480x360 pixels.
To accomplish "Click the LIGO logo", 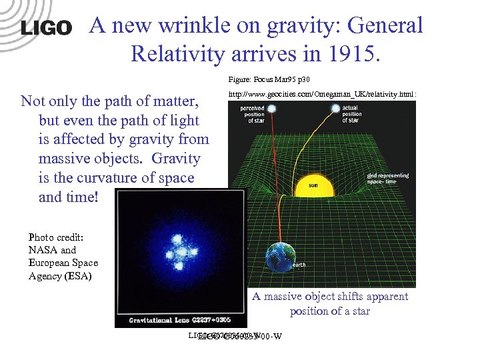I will coord(46,27).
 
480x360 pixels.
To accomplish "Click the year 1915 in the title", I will coord(348,52).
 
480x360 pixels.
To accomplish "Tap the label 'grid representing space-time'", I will coord(387,179).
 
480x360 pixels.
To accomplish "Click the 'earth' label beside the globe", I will coord(299,265).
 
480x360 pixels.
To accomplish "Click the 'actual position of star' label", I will coord(352,113).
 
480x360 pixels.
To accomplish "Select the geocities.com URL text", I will coord(322,95).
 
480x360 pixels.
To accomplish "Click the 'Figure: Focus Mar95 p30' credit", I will coord(269,79).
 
